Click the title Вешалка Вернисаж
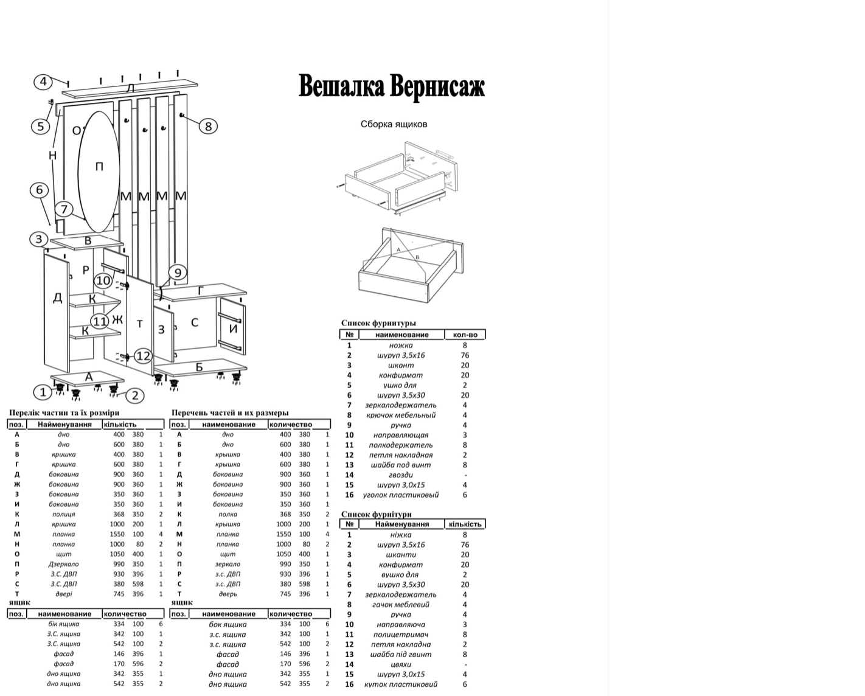point(391,86)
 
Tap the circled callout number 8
point(208,126)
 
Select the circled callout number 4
point(43,82)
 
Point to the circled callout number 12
point(143,355)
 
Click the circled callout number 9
point(178,273)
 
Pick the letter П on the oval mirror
point(99,166)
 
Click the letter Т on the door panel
point(140,324)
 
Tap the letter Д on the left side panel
point(57,298)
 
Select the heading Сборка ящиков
point(394,124)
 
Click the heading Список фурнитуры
point(378,323)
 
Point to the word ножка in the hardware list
point(401,345)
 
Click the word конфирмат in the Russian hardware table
point(401,375)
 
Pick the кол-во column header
point(465,335)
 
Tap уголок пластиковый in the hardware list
point(401,495)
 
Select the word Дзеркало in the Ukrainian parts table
point(64,564)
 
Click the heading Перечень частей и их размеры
point(230,412)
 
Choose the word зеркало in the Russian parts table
point(228,564)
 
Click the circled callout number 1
point(43,392)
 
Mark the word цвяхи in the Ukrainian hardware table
point(401,664)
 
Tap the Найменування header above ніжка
point(401,524)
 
